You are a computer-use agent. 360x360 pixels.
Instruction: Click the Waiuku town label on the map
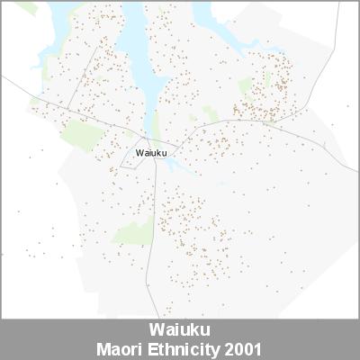point(151,153)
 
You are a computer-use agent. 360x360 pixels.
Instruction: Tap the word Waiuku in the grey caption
point(180,329)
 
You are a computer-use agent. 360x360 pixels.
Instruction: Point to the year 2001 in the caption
point(244,347)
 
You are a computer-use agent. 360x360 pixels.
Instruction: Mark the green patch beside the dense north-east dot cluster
point(245,86)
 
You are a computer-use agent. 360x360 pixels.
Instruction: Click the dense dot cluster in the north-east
point(270,85)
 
